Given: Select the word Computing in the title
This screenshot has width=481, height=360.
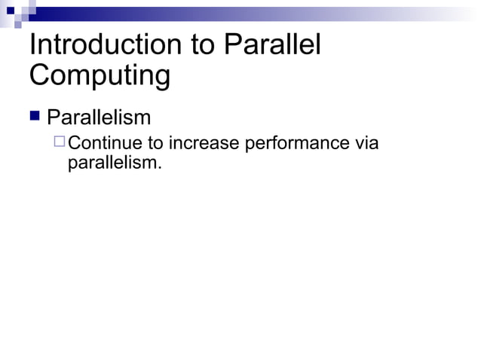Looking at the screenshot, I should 100,77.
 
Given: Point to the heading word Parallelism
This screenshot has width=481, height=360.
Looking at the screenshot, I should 99,118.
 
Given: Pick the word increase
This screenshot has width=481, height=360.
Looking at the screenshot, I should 203,143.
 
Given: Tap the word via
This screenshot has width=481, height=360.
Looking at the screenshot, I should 366,143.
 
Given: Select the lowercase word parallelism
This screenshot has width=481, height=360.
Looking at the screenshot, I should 112,162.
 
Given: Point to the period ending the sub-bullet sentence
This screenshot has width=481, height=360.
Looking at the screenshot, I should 159,166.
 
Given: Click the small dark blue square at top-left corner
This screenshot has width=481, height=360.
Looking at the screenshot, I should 11,11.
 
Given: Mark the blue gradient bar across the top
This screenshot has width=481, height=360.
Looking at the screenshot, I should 249,14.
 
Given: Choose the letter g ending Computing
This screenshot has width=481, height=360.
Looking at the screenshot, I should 161,79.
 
